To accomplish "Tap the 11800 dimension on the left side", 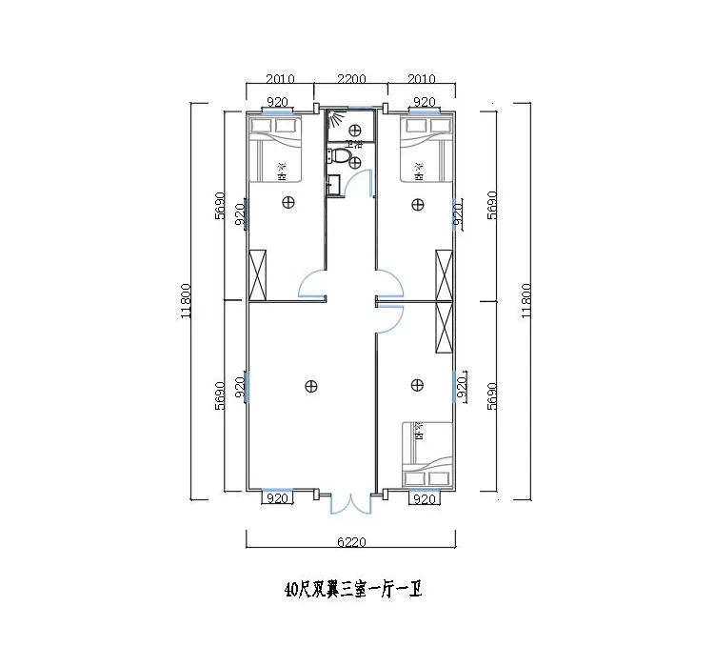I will (188, 301).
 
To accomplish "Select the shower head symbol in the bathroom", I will (335, 119).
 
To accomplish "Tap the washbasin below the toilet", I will (332, 184).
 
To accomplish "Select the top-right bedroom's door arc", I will (388, 284).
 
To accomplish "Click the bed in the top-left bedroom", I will (275, 150).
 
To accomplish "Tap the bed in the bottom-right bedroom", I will (426, 454).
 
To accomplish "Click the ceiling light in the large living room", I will (310, 385).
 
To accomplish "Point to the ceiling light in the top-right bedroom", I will (417, 202).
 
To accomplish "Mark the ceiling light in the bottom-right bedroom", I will (417, 385).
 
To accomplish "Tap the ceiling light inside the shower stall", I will (354, 130).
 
